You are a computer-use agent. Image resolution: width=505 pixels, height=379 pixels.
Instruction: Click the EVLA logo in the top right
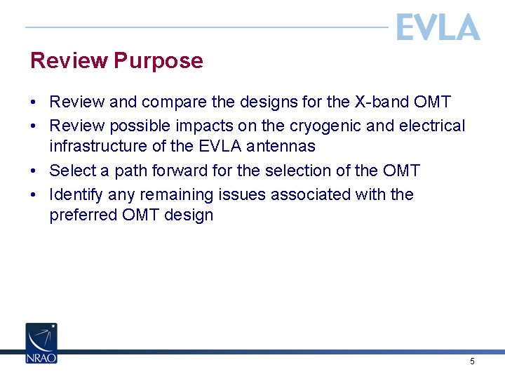438,28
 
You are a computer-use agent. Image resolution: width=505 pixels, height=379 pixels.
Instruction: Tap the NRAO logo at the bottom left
41,343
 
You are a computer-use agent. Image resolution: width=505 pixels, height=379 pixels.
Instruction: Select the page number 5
472,361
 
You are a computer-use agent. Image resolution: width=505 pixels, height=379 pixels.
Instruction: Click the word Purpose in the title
158,61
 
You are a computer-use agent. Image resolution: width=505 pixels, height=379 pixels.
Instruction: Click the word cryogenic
330,126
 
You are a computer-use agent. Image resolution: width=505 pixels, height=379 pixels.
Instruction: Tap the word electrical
432,126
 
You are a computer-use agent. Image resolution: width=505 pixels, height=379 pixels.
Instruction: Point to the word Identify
76,194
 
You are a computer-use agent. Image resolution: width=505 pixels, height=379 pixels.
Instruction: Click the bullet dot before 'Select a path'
34,171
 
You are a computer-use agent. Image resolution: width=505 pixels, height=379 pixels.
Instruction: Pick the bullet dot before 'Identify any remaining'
34,195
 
